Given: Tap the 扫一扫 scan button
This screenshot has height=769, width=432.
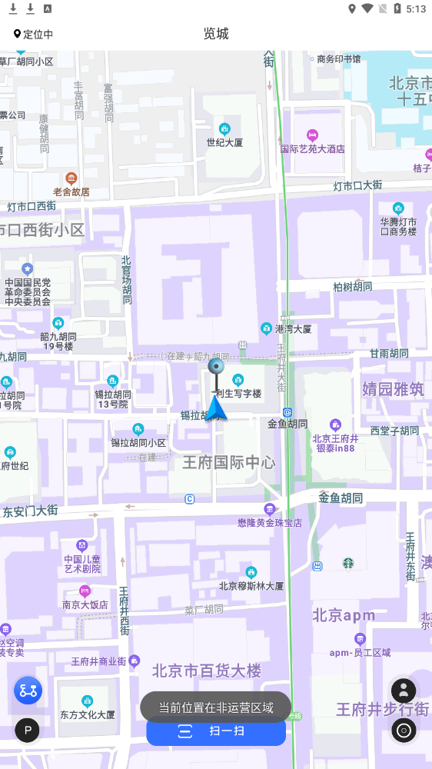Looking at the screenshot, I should tap(216, 731).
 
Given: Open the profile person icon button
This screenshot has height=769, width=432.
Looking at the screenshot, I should tap(404, 691).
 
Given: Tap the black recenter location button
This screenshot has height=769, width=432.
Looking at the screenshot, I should tap(404, 730).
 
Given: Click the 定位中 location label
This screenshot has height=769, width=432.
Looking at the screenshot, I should tap(33, 34).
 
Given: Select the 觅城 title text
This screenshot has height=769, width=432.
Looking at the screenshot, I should tap(216, 34).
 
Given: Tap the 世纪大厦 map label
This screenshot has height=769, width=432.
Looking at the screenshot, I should tap(224, 142).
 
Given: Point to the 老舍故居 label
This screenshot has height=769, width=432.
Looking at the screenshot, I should tap(71, 191).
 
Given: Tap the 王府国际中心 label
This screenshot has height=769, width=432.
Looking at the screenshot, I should tap(228, 462).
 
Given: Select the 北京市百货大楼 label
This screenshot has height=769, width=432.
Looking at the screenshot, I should tap(207, 671).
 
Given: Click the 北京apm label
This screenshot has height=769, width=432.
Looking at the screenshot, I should tap(344, 615).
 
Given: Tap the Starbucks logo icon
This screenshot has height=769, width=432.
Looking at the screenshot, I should tap(348, 564).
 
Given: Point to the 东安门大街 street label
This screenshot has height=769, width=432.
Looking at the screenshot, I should tap(31, 511).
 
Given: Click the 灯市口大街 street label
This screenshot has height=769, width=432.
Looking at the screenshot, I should tap(357, 185).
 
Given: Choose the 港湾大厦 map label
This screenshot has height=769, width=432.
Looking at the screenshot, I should tap(293, 329).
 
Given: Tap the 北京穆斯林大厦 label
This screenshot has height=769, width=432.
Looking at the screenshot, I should tap(251, 585).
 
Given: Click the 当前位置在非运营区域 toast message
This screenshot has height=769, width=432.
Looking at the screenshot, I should tap(216, 707).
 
